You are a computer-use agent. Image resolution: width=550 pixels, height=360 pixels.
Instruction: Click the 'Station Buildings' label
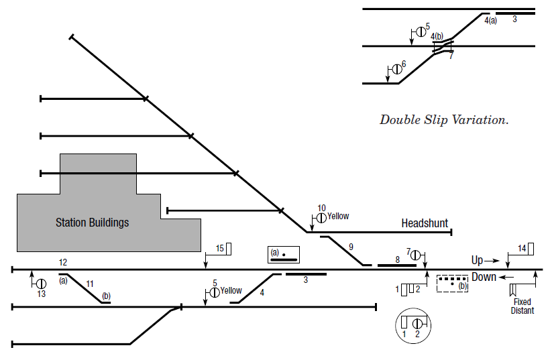(x=92, y=223)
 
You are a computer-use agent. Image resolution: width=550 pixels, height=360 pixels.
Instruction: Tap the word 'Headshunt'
(x=425, y=223)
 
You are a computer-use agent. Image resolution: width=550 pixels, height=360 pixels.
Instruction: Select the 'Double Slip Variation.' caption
(x=444, y=120)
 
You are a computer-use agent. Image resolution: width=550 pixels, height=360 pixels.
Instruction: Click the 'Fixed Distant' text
(x=522, y=306)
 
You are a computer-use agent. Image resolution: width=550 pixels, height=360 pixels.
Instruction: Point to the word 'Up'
(x=478, y=259)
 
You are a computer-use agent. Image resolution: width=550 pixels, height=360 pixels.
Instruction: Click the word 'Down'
(x=484, y=277)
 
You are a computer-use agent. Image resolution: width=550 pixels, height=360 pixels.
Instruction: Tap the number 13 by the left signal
(x=42, y=294)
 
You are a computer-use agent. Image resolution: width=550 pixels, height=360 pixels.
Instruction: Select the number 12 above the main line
(x=63, y=261)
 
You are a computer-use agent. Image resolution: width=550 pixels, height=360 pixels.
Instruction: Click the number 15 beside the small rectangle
(x=219, y=249)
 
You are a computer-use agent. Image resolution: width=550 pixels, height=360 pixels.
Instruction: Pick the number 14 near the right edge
(x=522, y=249)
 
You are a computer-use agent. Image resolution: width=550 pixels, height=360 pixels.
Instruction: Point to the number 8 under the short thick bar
(x=396, y=259)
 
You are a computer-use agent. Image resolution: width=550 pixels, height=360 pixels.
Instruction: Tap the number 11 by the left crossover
(x=89, y=284)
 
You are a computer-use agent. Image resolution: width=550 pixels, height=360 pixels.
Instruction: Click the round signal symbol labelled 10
(x=321, y=217)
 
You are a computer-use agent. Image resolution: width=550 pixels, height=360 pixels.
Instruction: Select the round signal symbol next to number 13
(x=42, y=284)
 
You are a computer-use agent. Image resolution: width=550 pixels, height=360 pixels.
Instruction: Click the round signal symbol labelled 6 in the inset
(x=397, y=68)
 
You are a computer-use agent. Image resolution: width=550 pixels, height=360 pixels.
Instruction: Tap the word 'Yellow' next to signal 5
(x=231, y=291)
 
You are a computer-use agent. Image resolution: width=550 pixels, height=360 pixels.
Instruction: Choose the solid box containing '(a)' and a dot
(x=283, y=255)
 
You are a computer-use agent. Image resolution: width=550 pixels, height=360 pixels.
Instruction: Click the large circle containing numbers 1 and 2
(x=412, y=324)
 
